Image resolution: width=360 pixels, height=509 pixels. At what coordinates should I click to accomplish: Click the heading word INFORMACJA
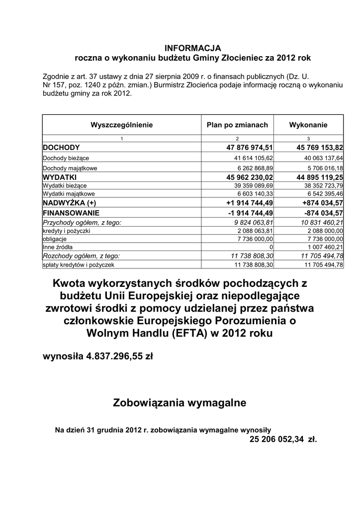pyautogui.click(x=192, y=48)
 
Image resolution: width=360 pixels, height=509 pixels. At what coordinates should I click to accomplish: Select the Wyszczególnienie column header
pyautogui.click(x=121, y=125)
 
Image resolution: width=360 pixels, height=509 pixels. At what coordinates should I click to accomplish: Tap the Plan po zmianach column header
pyautogui.click(x=237, y=125)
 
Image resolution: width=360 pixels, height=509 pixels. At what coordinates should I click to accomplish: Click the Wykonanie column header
pyautogui.click(x=308, y=125)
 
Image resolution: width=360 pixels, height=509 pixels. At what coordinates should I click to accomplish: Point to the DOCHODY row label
pyautogui.click(x=61, y=148)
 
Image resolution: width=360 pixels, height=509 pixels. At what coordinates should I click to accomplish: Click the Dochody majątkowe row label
pyautogui.click(x=70, y=168)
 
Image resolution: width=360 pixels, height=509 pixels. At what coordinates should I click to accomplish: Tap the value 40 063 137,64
pyautogui.click(x=322, y=158)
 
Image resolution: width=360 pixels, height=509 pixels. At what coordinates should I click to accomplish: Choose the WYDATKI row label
pyautogui.click(x=59, y=177)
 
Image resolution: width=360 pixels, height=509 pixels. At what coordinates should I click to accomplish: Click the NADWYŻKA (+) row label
pyautogui.click(x=70, y=203)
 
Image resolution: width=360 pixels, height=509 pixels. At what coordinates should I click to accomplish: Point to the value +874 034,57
pyautogui.click(x=323, y=203)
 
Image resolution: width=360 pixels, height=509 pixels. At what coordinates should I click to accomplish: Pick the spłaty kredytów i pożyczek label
pyautogui.click(x=79, y=265)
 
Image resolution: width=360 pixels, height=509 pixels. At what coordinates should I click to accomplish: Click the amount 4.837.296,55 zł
pyautogui.click(x=120, y=356)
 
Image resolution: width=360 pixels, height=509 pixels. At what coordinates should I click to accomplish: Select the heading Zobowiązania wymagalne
pyautogui.click(x=180, y=403)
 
